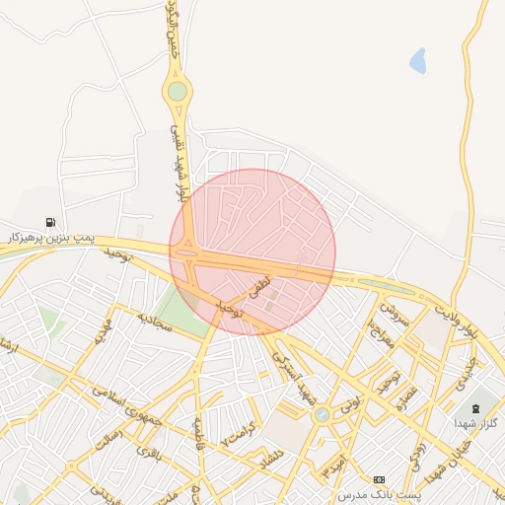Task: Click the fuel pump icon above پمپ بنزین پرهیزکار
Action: click(x=50, y=223)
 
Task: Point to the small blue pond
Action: click(x=418, y=61)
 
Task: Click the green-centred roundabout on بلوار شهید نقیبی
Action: click(x=178, y=92)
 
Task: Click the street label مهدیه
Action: click(x=104, y=331)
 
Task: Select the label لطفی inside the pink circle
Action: click(x=257, y=288)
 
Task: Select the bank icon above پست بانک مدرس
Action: click(x=380, y=478)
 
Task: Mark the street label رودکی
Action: click(x=417, y=449)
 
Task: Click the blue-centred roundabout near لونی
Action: click(x=322, y=415)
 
